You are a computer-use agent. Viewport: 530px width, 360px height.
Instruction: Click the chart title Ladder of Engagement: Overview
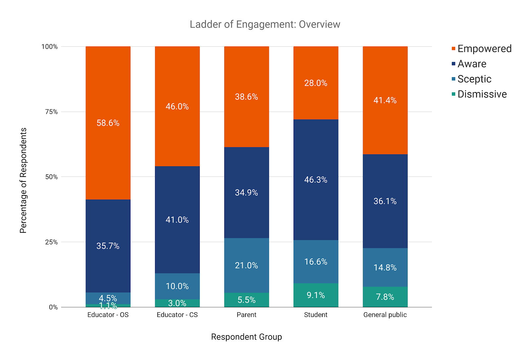[265, 25]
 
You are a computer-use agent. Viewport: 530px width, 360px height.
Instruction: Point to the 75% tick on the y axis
[51, 112]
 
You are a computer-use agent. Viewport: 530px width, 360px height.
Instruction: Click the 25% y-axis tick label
[51, 242]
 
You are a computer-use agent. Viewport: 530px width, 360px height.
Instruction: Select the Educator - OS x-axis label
[108, 315]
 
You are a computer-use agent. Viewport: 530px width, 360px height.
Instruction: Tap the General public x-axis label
[385, 315]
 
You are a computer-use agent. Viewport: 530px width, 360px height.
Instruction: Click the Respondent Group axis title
[246, 337]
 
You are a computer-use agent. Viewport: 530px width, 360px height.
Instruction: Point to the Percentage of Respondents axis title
[23, 180]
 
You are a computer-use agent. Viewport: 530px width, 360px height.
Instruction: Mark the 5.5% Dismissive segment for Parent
[246, 300]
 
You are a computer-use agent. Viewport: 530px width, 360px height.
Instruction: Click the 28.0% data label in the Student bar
[316, 83]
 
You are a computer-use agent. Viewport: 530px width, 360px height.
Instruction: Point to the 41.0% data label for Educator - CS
[177, 220]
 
